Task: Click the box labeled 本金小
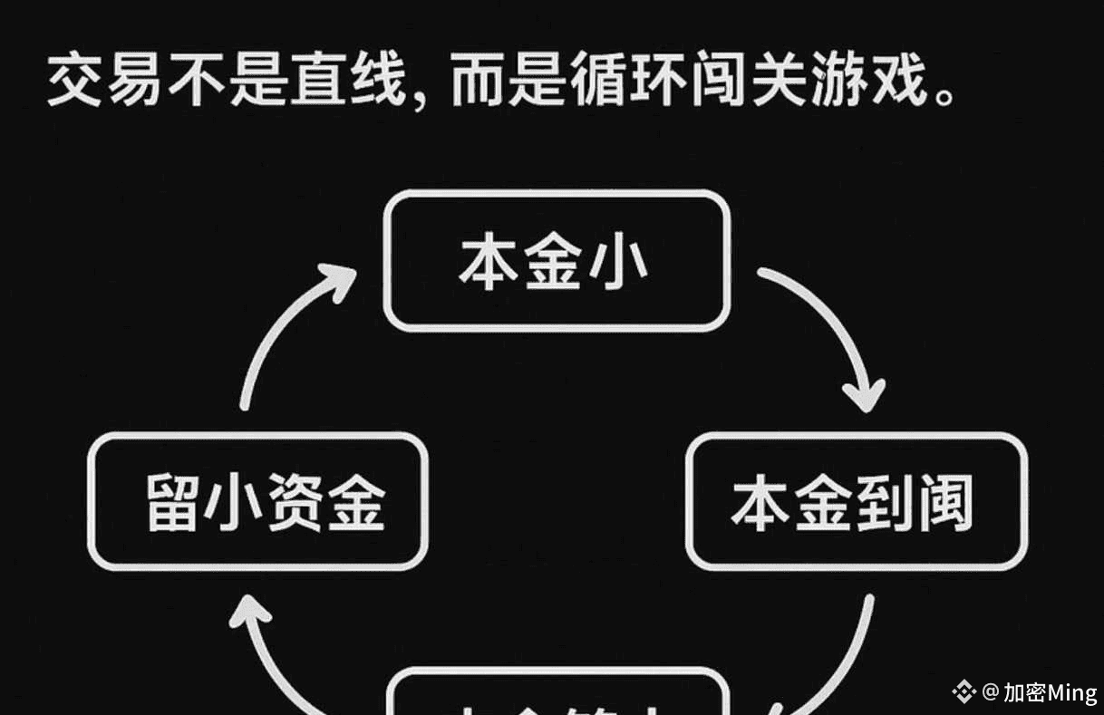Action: [557, 262]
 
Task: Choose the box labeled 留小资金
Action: [257, 501]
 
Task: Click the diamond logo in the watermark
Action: [964, 692]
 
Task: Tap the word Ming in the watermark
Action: [1071, 693]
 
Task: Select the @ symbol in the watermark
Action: [990, 693]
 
